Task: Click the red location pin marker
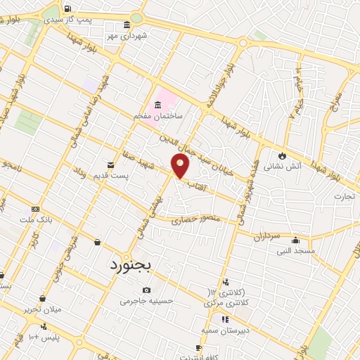coord(181,166)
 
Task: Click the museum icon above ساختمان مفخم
coord(156,102)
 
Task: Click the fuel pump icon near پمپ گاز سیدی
coord(67,9)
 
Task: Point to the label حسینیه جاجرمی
coord(146,301)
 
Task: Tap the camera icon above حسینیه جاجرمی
coord(146,290)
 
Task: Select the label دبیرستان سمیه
coord(225,329)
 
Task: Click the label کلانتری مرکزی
coord(224,303)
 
